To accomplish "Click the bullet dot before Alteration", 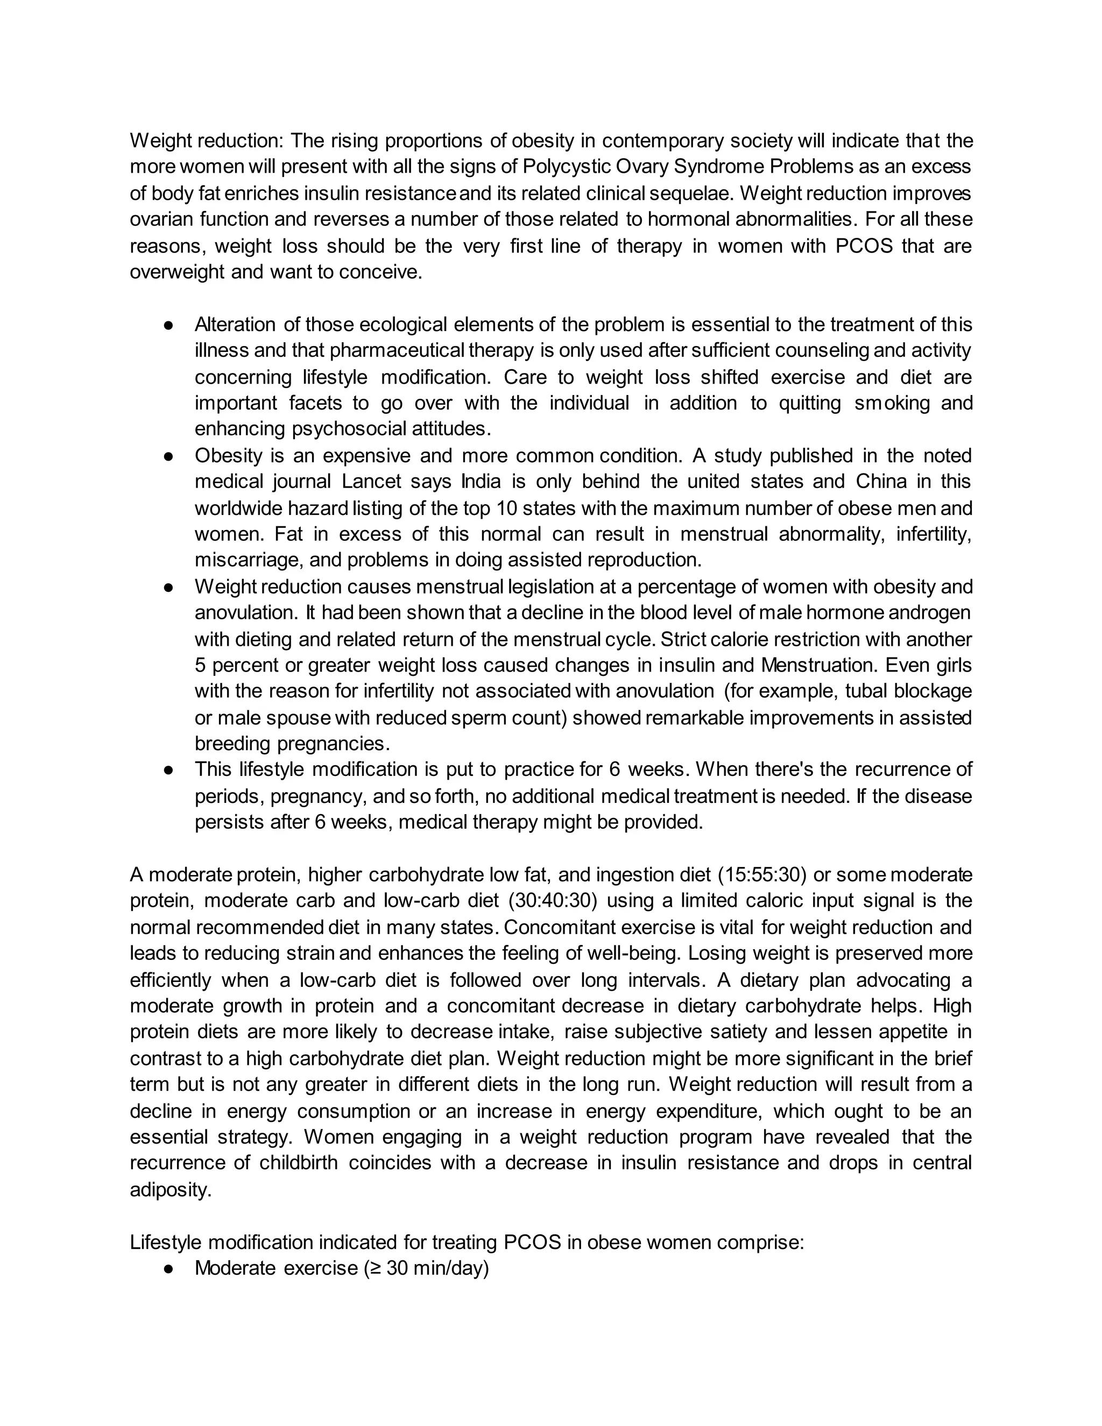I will coord(168,325).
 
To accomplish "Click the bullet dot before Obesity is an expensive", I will coord(168,456).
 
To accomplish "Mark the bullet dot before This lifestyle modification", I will coord(168,771).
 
